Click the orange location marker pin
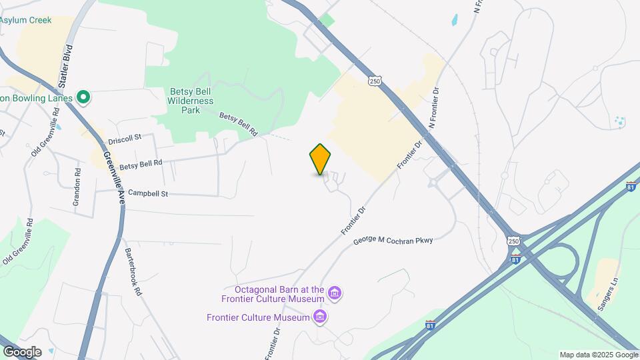point(320,159)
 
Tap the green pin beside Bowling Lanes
point(83,98)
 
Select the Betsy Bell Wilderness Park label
point(191,101)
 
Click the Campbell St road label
point(147,193)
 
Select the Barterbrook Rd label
point(133,271)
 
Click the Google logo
point(22,351)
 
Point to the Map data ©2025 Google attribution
point(599,355)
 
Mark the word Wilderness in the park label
point(191,101)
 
